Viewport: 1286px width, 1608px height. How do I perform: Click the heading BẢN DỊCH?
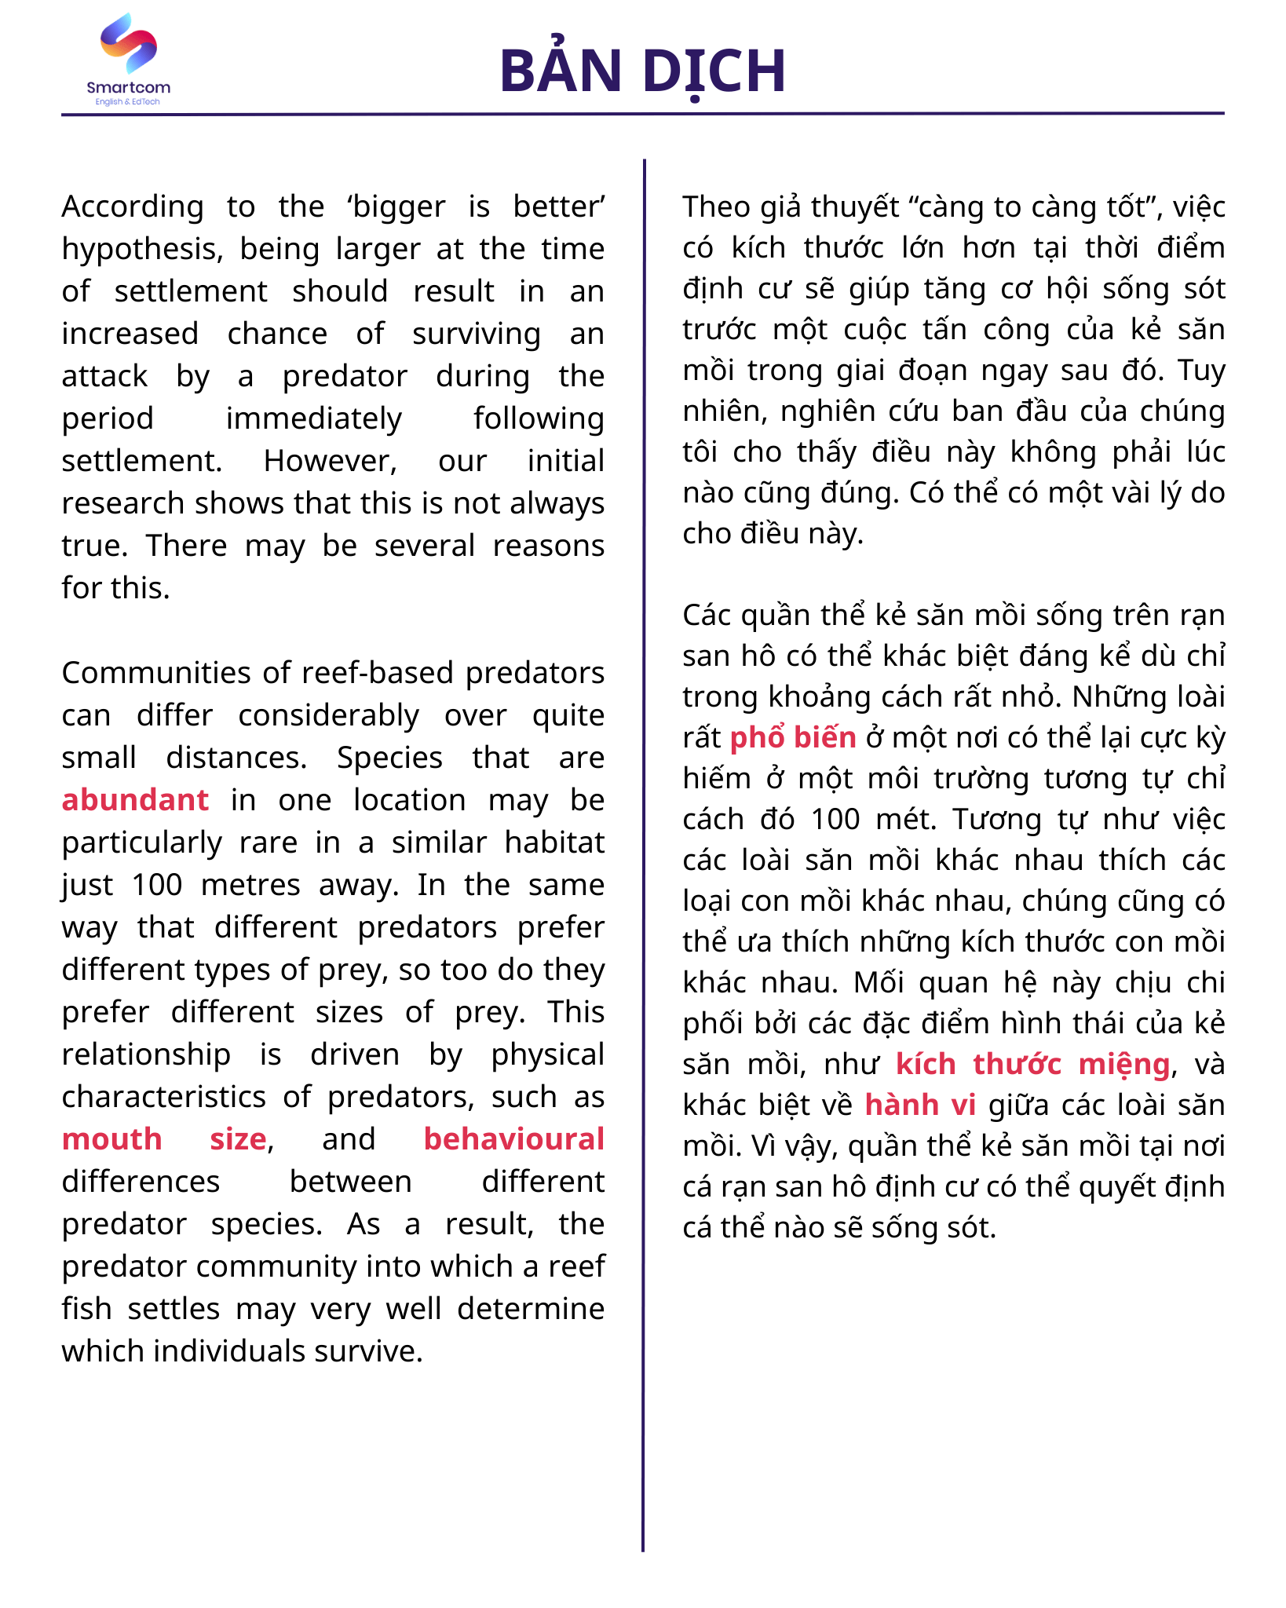[642, 71]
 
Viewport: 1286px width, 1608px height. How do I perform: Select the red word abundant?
[135, 800]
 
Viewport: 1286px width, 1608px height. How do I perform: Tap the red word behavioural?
[513, 1139]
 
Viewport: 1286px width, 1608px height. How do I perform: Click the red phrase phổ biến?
[792, 737]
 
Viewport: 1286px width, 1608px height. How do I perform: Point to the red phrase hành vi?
[919, 1105]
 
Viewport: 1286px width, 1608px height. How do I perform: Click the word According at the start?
[132, 206]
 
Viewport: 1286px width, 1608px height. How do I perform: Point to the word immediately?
[313, 418]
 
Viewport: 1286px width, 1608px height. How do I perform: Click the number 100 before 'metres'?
[157, 885]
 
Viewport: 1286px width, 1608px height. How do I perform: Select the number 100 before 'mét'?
[836, 819]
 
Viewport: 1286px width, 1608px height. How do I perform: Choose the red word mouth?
[111, 1139]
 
